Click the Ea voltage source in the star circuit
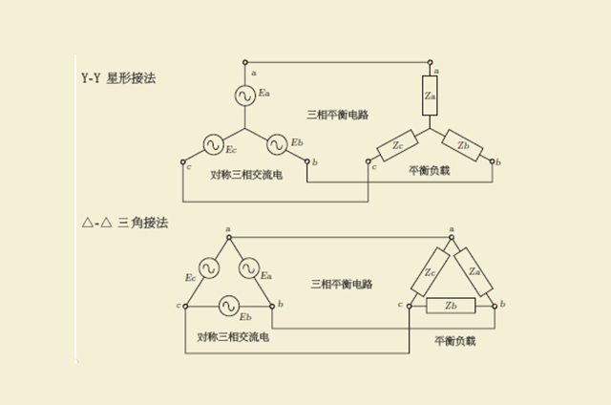point(245,94)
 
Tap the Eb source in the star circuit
point(278,146)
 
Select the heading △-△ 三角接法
point(124,222)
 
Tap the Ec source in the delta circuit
point(209,268)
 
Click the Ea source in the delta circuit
point(248,268)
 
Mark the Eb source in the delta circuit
point(228,305)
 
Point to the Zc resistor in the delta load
point(431,270)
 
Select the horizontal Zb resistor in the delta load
point(451,305)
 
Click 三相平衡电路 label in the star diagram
point(337,113)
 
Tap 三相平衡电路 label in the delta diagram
point(341,284)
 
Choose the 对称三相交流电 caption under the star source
point(245,176)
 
